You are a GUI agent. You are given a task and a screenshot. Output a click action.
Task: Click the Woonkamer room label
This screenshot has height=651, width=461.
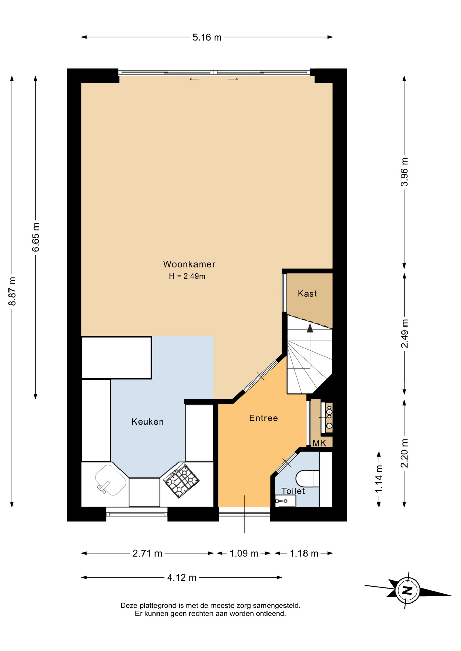[x=189, y=264]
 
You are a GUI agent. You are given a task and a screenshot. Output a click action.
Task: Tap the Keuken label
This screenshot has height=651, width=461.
[x=147, y=422]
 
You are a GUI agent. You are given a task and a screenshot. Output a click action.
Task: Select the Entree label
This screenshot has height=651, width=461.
[x=263, y=418]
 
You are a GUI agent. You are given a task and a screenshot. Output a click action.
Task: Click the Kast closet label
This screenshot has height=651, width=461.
[x=307, y=293]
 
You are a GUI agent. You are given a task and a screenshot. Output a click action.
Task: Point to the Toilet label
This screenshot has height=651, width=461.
[x=293, y=491]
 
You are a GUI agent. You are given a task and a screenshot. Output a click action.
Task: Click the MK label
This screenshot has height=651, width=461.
[x=319, y=443]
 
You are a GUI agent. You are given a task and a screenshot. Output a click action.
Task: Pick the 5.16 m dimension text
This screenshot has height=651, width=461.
[x=207, y=37]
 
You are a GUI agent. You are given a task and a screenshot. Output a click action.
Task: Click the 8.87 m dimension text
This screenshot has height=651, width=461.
[x=12, y=291]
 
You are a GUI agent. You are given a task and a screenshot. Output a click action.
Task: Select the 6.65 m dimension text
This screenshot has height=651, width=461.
[x=36, y=237]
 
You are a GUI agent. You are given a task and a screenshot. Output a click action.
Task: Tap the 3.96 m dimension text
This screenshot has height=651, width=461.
[x=404, y=172]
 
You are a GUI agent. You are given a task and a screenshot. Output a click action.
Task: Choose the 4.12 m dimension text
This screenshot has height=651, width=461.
[x=182, y=578]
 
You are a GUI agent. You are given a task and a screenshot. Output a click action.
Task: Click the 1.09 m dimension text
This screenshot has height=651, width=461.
[x=244, y=553]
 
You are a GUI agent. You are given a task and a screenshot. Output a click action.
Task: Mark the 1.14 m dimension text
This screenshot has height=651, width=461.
[x=379, y=479]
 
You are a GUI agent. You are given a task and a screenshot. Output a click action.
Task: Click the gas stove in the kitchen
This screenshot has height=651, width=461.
[x=181, y=480]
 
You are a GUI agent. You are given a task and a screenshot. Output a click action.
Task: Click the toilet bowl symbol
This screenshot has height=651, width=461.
[x=307, y=478]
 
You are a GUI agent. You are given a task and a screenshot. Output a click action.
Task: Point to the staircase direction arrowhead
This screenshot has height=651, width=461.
[x=310, y=328]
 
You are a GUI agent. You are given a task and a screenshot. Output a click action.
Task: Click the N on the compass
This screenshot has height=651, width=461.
[x=407, y=590]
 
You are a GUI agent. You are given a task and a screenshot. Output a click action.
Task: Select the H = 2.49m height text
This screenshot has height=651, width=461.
[x=187, y=276]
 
